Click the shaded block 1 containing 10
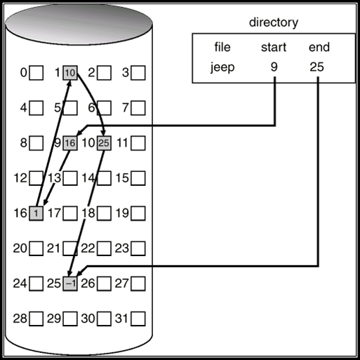[69, 72]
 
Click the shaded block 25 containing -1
[69, 284]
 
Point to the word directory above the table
[273, 22]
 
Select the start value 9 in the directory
[274, 68]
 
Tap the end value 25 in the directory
[319, 68]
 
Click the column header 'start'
[274, 48]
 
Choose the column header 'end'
[319, 48]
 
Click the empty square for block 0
[36, 72]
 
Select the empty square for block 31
[138, 319]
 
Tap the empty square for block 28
[36, 319]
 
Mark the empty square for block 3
[138, 72]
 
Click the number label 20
[20, 248]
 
